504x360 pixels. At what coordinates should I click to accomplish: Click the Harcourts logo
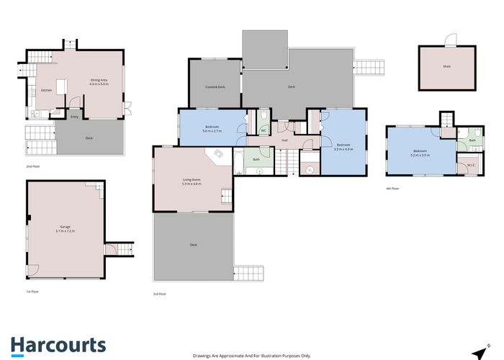(58, 345)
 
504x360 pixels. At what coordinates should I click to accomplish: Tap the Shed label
(446, 66)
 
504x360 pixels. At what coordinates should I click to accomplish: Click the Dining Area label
(98, 81)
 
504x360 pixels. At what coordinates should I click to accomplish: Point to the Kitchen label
(46, 90)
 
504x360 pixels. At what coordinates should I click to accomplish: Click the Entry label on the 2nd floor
(74, 117)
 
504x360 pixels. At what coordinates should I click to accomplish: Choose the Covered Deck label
(215, 87)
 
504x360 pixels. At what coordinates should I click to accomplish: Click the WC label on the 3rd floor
(264, 130)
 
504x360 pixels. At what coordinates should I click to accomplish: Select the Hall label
(285, 140)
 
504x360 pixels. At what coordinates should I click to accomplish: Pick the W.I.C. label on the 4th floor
(469, 165)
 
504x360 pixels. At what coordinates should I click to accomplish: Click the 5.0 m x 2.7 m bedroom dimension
(211, 131)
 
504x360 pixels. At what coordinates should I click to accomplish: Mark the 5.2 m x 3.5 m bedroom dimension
(420, 155)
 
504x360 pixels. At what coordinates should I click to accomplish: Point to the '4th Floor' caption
(392, 189)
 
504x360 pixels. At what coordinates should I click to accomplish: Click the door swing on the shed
(451, 40)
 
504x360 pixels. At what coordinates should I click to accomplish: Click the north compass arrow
(479, 352)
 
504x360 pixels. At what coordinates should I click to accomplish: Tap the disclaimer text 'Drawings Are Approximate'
(251, 356)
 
